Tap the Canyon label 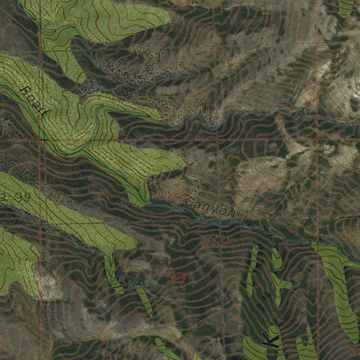click(210, 207)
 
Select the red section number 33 click(176, 280)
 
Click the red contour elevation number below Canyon click(213, 241)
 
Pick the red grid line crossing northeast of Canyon click(289, 141)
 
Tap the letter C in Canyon click(188, 201)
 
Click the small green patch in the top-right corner click(346, 6)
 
